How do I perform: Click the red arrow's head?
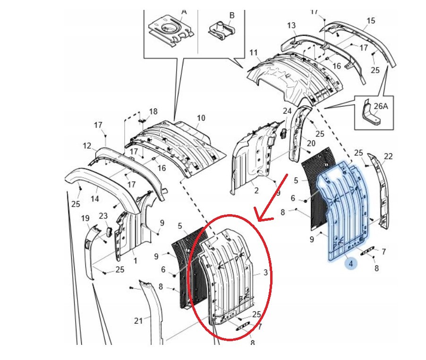[259, 218]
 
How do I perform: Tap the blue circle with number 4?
[351, 264]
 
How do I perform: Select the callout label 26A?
[381, 106]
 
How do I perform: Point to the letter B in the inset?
[232, 15]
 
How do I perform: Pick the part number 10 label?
[201, 118]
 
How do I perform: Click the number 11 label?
[254, 52]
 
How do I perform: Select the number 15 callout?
[371, 21]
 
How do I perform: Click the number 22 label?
[388, 157]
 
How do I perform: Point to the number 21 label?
[138, 321]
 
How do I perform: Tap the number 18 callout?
[153, 111]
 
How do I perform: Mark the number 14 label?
[94, 199]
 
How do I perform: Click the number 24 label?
[288, 111]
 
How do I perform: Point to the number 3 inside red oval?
[266, 272]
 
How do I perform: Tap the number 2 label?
[256, 191]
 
